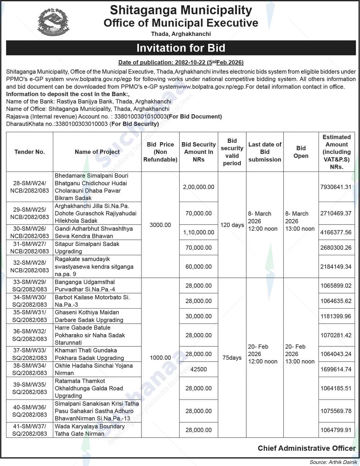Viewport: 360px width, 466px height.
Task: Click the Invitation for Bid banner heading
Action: point(181,48)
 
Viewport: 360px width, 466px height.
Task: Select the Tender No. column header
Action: point(30,152)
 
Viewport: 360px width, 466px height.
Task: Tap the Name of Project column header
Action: point(97,152)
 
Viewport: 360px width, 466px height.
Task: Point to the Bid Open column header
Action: point(301,152)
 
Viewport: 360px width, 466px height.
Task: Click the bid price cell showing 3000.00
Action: point(160,225)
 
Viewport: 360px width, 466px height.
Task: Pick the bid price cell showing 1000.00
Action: point(160,358)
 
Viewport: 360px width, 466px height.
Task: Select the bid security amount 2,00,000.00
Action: point(198,187)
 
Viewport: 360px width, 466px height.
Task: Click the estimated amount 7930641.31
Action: point(336,187)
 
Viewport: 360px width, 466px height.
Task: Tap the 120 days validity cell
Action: point(232,225)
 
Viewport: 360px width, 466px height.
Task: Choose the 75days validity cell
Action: point(232,358)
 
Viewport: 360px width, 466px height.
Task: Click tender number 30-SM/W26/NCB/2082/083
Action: point(30,232)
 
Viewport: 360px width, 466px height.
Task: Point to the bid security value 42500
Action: point(198,369)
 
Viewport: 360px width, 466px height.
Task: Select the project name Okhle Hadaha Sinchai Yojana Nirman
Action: point(94,369)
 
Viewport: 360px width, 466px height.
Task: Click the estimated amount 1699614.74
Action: point(336,369)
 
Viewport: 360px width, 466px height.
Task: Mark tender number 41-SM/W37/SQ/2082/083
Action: point(30,430)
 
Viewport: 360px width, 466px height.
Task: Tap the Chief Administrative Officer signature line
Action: point(307,448)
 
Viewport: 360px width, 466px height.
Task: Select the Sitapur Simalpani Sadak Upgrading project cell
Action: point(87,248)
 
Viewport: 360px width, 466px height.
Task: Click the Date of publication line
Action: point(181,62)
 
